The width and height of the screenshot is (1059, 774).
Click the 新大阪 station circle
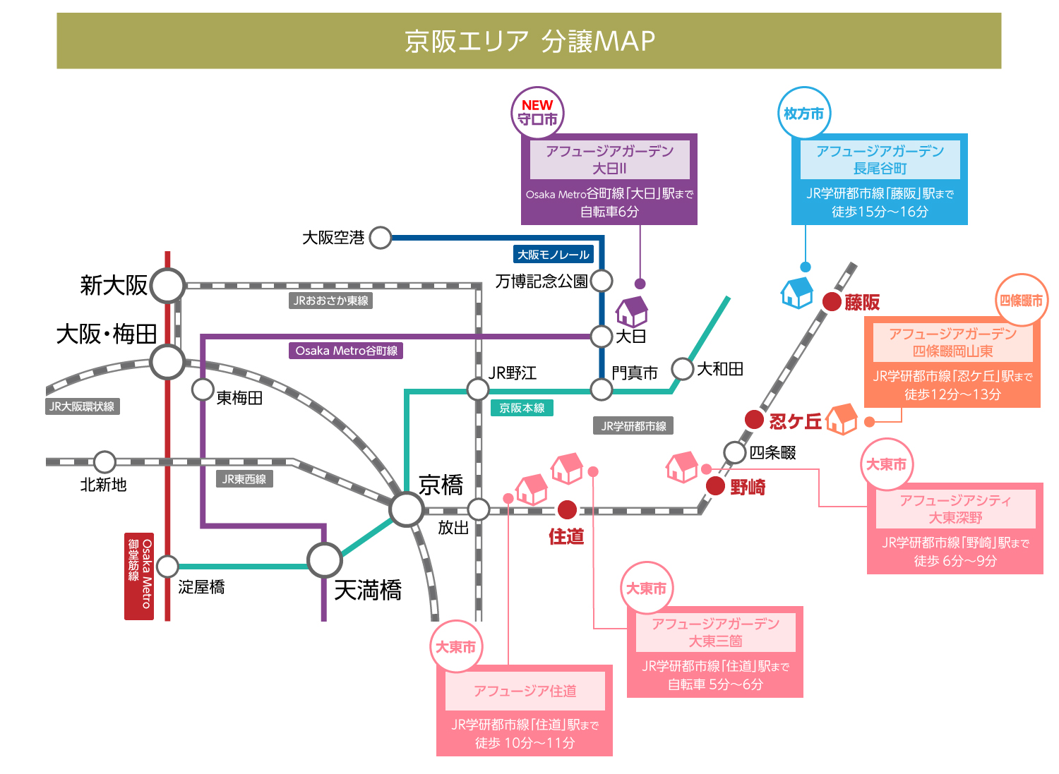167,286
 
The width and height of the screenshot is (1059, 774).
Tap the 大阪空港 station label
333,238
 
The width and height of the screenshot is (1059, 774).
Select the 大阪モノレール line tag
554,255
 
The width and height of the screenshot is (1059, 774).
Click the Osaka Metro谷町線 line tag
346,351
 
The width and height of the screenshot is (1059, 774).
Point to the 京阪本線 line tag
522,408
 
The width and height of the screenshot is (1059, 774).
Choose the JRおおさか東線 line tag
331,301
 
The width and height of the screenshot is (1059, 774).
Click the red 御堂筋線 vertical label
139,576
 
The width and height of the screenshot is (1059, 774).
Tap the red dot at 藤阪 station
832,302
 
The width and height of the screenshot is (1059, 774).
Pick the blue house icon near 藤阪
798,292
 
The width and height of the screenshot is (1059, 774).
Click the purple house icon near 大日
632,310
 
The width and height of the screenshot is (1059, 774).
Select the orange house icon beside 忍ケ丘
842,418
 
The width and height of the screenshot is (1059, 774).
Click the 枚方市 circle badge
804,114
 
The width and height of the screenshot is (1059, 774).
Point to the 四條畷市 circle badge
1021,301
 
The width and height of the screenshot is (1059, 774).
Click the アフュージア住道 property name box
525,691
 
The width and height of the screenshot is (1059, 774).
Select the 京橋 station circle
407,509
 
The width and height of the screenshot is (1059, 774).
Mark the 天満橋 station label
368,590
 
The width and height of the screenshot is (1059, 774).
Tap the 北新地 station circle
104,462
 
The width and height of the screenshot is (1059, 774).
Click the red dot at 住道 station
567,509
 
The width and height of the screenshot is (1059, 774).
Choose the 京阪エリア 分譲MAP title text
529,41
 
